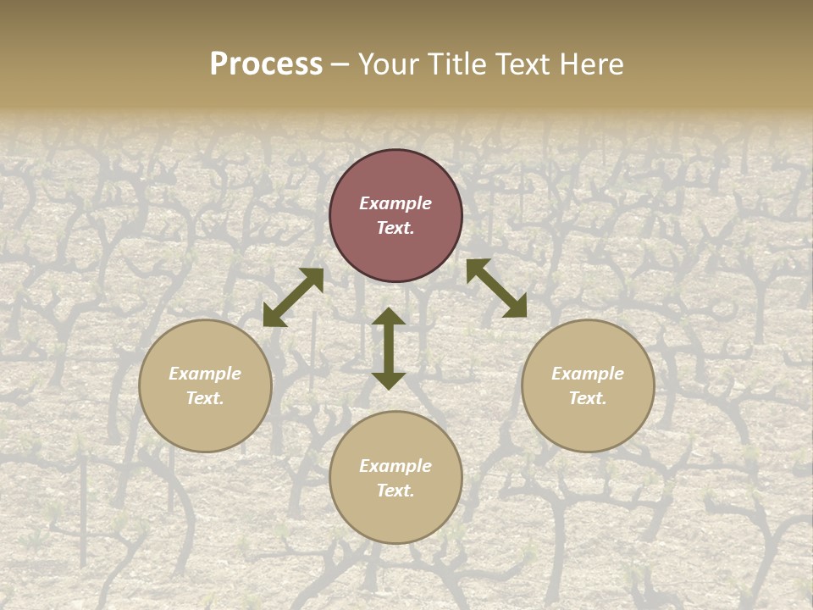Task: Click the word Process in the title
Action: [266, 64]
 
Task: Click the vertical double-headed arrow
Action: [389, 348]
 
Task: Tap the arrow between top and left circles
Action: [293, 297]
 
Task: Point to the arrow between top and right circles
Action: [496, 288]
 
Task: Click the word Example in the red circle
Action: [395, 203]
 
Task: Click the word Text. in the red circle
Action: [395, 228]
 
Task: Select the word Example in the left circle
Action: [205, 374]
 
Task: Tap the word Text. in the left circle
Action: [205, 398]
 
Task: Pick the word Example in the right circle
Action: [588, 374]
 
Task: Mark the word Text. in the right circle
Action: [588, 398]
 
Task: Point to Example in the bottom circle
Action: [395, 466]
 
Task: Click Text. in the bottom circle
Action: [395, 491]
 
